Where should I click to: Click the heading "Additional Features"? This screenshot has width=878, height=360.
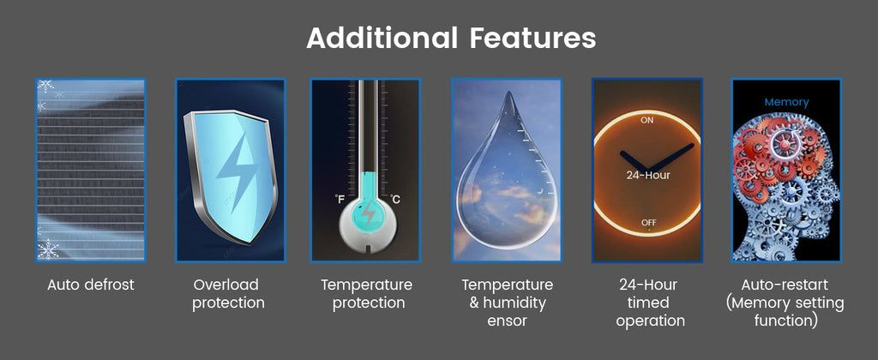pyautogui.click(x=451, y=39)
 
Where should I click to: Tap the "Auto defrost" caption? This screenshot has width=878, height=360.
pyautogui.click(x=91, y=285)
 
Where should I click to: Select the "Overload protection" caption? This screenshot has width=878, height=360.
pyautogui.click(x=228, y=294)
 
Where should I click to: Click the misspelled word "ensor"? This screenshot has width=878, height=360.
pyautogui.click(x=508, y=321)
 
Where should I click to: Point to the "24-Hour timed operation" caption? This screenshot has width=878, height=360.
pyautogui.click(x=648, y=303)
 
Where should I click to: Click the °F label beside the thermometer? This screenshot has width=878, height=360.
pyautogui.click(x=340, y=199)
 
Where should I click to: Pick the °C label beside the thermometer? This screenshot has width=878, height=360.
pyautogui.click(x=394, y=199)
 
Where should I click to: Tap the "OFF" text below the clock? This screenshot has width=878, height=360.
pyautogui.click(x=648, y=223)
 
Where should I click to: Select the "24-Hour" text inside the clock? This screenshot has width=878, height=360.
pyautogui.click(x=648, y=175)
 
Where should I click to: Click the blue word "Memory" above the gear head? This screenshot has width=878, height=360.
pyautogui.click(x=787, y=102)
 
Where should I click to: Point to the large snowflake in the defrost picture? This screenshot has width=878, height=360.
pyautogui.click(x=48, y=249)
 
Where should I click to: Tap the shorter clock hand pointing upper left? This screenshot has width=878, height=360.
pyautogui.click(x=634, y=161)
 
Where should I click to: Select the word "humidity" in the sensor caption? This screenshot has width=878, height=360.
pyautogui.click(x=514, y=303)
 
